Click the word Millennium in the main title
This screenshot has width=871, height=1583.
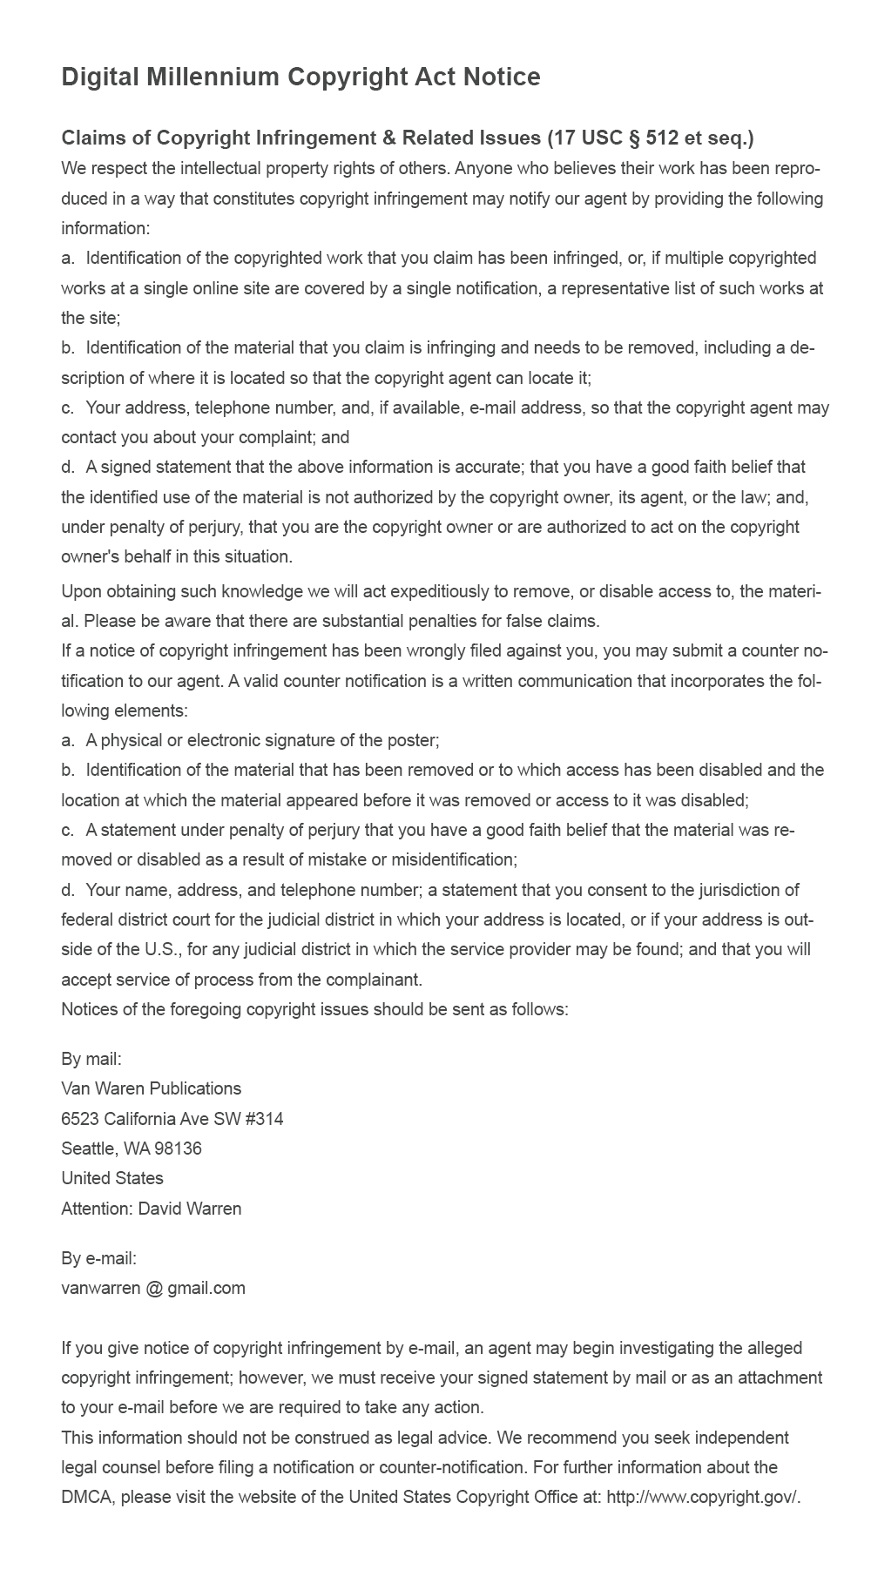click(x=213, y=77)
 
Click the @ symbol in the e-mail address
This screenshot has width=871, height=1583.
click(x=154, y=1288)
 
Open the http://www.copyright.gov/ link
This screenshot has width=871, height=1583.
click(x=703, y=1497)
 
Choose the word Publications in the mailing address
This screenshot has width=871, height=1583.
click(x=196, y=1088)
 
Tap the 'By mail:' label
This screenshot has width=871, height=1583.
click(x=91, y=1059)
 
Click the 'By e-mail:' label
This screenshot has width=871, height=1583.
click(x=99, y=1258)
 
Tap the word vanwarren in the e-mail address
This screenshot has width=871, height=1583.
click(x=100, y=1288)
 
